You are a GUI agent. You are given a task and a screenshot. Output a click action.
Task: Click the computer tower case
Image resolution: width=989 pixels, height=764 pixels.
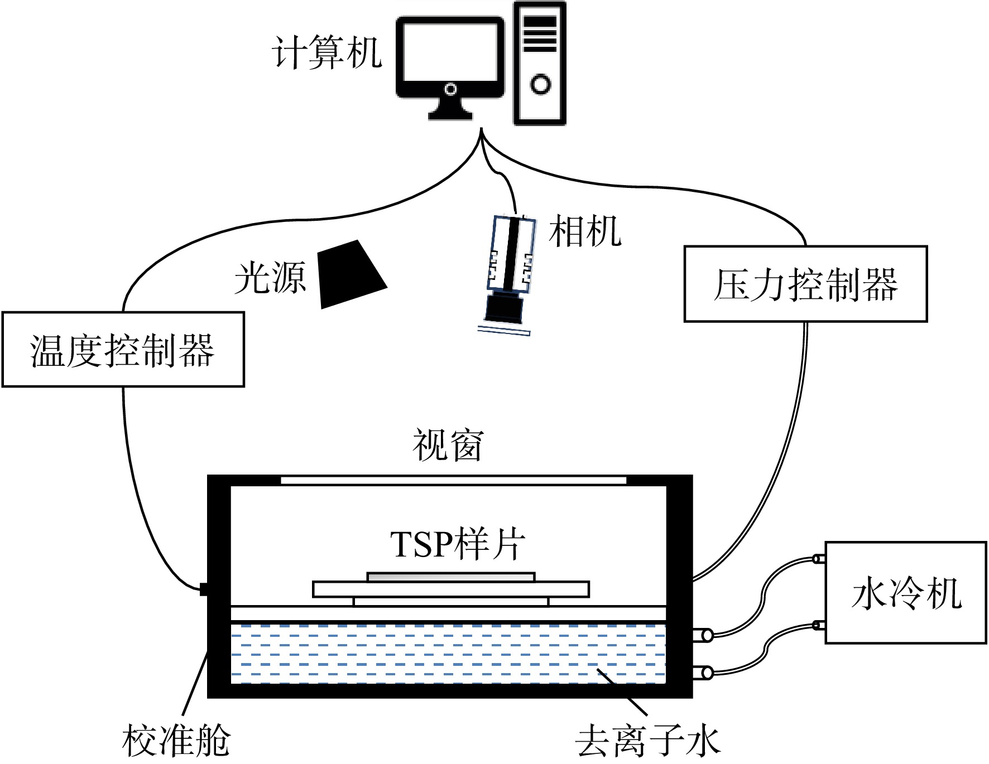(540, 63)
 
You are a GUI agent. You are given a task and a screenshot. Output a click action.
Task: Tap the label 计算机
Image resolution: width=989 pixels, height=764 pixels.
(327, 53)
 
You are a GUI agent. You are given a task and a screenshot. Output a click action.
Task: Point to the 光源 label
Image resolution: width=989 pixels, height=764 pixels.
(270, 277)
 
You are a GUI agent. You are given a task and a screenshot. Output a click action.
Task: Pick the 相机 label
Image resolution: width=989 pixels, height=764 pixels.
(585, 231)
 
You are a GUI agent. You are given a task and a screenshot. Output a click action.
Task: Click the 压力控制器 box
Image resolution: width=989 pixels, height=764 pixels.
(805, 284)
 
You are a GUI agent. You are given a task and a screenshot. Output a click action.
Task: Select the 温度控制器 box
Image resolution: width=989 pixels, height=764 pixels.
(123, 349)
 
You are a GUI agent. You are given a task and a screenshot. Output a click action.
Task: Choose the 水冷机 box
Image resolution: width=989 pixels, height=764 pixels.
(906, 592)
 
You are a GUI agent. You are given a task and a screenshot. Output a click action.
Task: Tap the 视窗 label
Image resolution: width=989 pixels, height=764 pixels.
(448, 445)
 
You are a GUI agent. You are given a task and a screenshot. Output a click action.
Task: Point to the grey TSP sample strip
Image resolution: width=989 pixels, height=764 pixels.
(451, 577)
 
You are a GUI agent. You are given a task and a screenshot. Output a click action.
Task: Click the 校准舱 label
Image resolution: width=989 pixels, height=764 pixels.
(176, 741)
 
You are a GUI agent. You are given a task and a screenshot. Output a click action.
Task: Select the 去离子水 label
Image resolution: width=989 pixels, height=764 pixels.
(647, 741)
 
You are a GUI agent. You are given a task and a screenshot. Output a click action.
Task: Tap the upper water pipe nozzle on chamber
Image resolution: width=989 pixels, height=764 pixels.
(703, 635)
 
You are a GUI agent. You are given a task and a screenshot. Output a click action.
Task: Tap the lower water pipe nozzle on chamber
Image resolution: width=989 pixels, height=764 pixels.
(703, 673)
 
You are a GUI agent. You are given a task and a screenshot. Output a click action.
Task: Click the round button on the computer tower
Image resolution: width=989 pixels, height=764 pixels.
(540, 84)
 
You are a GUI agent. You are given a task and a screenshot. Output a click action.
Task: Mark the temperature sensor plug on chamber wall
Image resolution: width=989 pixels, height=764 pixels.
(204, 589)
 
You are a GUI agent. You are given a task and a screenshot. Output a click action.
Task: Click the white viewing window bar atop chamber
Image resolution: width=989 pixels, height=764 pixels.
(453, 480)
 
